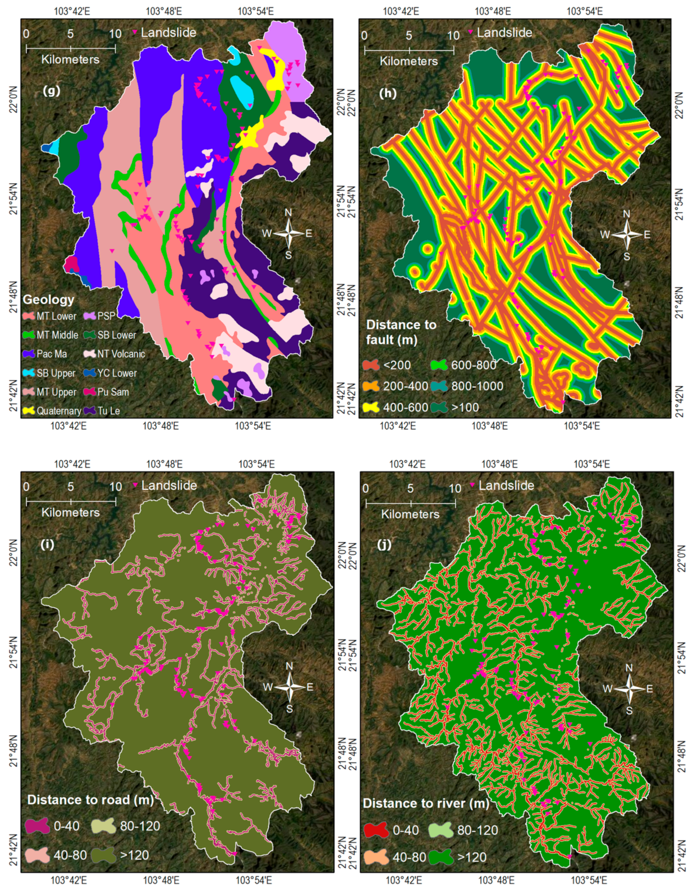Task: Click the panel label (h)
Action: [388, 93]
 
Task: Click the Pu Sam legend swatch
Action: [90, 392]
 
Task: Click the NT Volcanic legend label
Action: [121, 354]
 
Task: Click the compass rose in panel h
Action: [626, 234]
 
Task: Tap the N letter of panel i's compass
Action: [289, 666]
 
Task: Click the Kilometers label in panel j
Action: [410, 514]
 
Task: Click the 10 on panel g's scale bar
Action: [115, 34]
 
